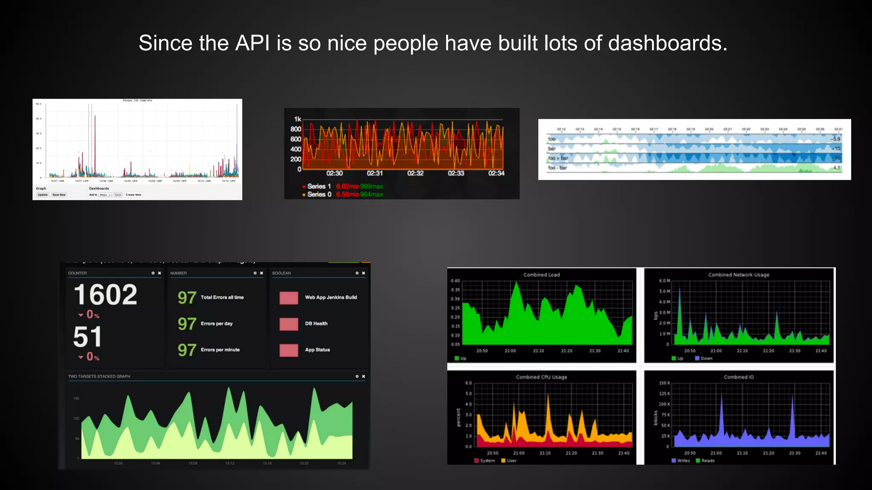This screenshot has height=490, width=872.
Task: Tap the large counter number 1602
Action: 106,295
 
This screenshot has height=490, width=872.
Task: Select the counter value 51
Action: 87,337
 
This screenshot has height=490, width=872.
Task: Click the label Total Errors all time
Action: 222,297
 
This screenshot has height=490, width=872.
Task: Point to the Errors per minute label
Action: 220,350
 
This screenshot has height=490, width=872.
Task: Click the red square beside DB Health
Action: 289,324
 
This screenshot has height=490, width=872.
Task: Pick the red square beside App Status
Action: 289,350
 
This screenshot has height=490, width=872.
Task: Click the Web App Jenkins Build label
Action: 331,297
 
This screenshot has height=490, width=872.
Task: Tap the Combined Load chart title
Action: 541,275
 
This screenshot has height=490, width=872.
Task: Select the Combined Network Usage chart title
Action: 738,275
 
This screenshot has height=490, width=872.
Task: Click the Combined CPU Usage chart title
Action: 541,377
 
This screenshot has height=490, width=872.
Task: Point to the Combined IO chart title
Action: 738,377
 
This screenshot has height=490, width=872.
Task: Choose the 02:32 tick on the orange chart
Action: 415,173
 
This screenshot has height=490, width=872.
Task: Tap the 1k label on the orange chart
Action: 298,119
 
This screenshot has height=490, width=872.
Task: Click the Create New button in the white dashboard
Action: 133,195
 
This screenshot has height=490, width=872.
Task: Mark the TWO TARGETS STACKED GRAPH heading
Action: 99,376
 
